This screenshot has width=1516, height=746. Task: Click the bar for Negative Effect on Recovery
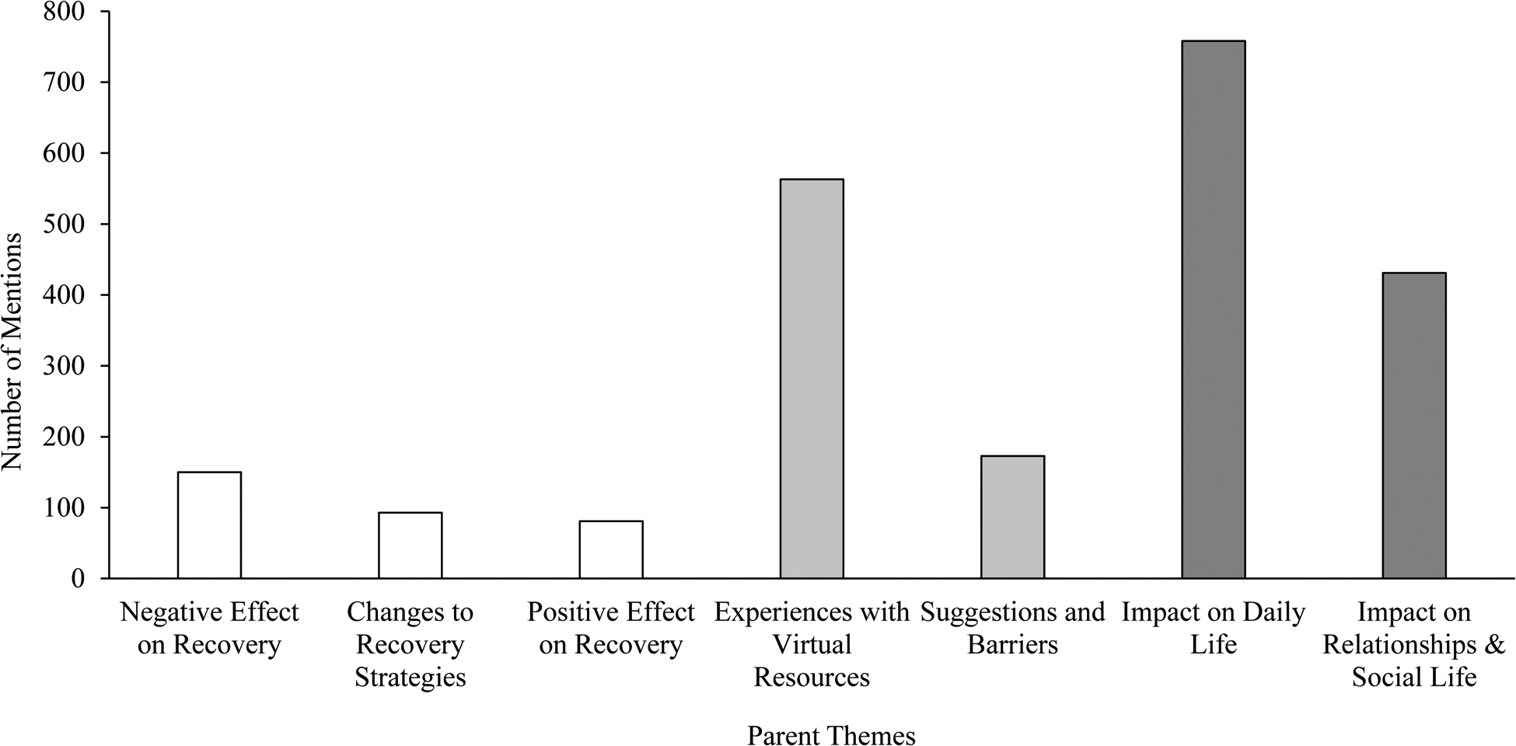tap(209, 525)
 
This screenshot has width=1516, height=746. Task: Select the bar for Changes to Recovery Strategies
tap(410, 546)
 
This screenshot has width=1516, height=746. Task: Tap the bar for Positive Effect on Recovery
tap(611, 549)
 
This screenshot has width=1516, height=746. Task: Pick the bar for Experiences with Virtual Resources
tap(812, 378)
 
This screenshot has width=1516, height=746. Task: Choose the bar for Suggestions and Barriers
tap(1012, 517)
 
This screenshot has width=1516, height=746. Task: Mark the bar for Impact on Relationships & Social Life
tap(1413, 425)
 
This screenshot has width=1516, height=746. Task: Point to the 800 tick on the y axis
tap(66, 12)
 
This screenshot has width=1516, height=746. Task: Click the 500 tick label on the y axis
tap(66, 225)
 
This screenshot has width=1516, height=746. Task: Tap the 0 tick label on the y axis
tap(78, 579)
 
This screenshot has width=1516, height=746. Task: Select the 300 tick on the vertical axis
tap(66, 366)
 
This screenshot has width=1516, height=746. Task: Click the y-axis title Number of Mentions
tap(12, 351)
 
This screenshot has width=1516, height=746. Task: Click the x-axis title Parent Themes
tap(831, 735)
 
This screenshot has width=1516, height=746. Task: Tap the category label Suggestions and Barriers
tap(1012, 629)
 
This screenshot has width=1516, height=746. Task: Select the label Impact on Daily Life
tap(1213, 629)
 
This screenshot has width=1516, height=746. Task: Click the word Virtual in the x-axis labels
tap(812, 645)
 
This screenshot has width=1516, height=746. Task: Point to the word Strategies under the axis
tap(410, 678)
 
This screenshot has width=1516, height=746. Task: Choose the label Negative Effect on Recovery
tap(209, 629)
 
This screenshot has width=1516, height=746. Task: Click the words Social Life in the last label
tap(1413, 678)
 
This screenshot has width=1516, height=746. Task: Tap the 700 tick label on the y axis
tap(66, 83)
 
